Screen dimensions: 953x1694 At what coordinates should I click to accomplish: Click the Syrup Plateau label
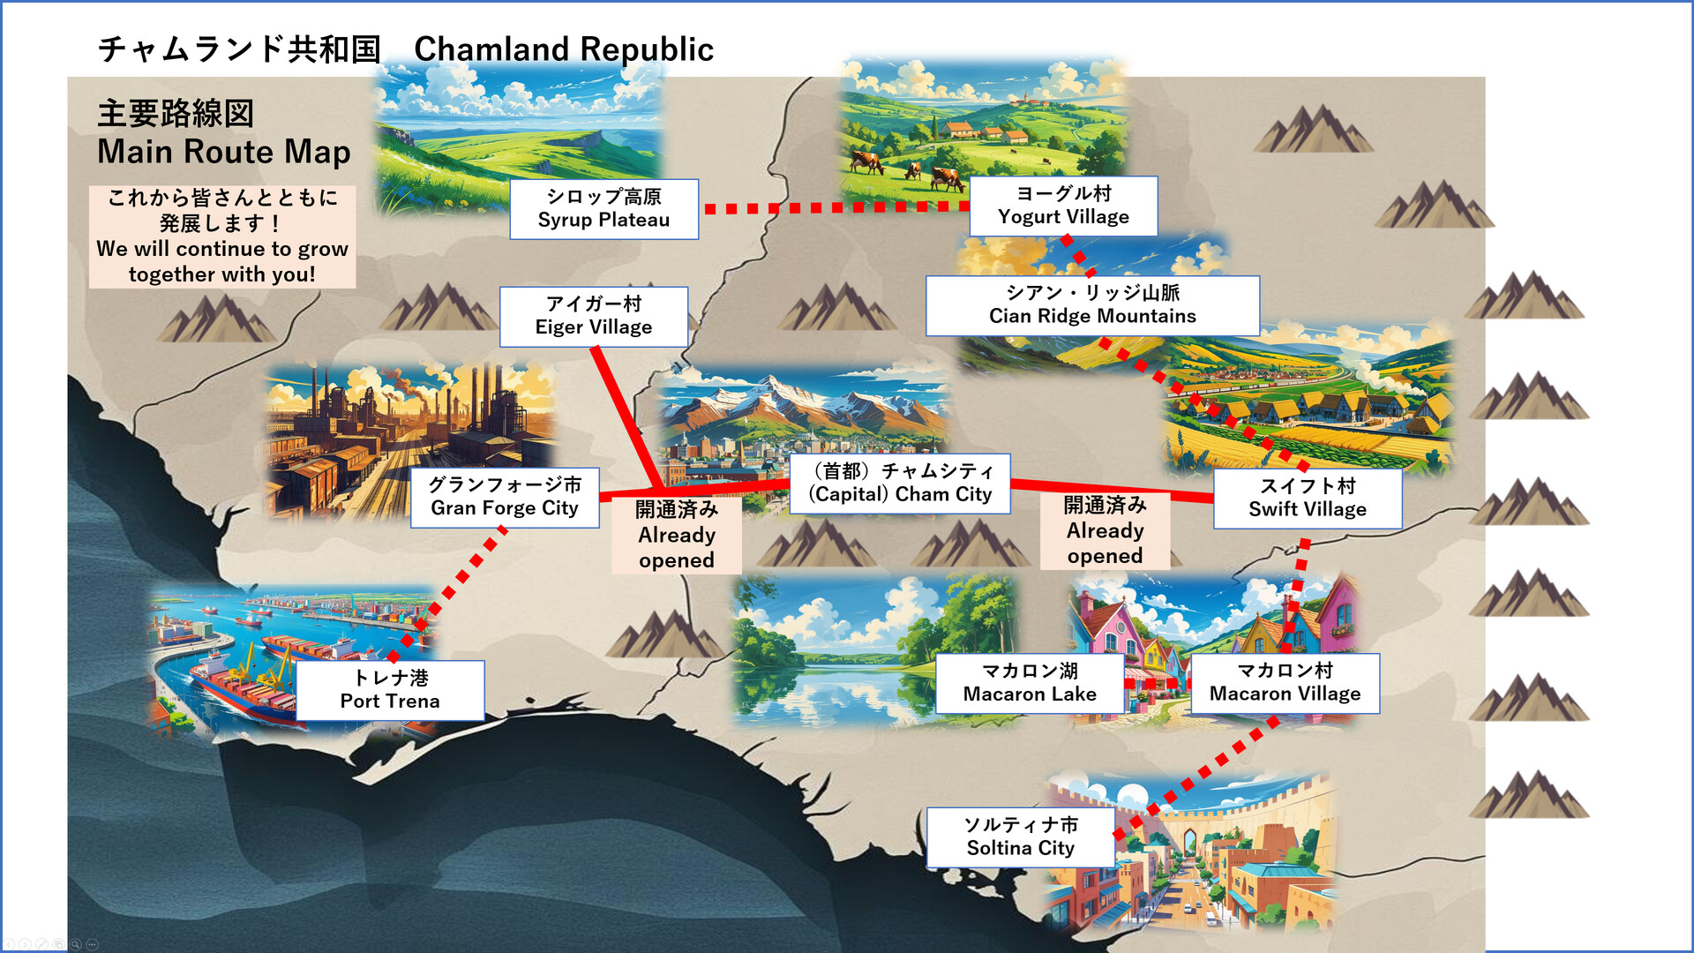[x=603, y=209]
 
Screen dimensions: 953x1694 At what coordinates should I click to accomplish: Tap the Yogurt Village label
[x=1063, y=206]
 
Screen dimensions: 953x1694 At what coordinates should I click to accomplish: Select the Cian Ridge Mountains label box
[x=1092, y=305]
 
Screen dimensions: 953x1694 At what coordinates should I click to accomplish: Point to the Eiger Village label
[x=594, y=316]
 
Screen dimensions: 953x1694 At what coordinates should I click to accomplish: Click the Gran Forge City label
[x=505, y=497]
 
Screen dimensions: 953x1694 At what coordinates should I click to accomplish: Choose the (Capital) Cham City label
[x=900, y=484]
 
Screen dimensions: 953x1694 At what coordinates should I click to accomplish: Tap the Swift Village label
[x=1307, y=499]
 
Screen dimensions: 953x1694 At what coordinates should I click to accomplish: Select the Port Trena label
[x=390, y=690]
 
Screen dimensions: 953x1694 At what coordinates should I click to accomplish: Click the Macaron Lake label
[x=1030, y=683]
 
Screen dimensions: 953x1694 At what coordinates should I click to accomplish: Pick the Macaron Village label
[x=1285, y=683]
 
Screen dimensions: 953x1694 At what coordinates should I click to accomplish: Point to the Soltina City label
[x=1021, y=837]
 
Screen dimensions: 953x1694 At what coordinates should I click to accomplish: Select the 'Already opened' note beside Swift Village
[x=1105, y=530]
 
